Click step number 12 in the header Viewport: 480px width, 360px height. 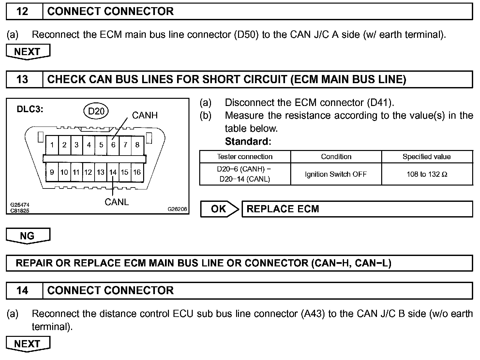22,11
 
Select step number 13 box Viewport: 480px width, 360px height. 22,79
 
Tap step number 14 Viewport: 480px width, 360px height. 22,290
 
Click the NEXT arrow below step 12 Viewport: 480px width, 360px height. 27,52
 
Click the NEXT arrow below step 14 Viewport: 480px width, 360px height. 27,344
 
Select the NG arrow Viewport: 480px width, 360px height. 27,236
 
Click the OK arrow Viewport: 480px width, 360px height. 219,209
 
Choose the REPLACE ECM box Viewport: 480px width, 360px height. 357,209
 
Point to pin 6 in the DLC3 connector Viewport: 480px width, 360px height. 113,145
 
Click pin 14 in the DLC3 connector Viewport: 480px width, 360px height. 113,172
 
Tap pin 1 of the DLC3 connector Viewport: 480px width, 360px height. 52,145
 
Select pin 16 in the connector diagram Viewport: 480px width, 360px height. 137,172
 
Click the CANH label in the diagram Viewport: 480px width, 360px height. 144,115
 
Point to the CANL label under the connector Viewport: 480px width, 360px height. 116,202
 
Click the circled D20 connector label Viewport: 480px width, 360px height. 96,112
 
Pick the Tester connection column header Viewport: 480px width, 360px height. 245,157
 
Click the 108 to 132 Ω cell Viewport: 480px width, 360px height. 427,174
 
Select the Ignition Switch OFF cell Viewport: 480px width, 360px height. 336,174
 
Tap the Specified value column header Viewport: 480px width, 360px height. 427,157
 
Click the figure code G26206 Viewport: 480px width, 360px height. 177,209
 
